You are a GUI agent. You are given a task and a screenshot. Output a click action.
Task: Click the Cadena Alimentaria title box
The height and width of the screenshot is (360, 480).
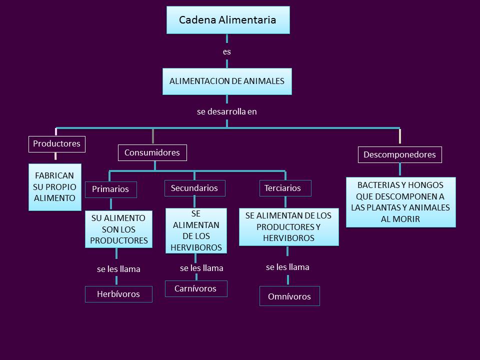click(227, 20)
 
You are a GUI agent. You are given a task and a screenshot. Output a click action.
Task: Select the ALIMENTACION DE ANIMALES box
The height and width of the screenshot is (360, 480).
click(227, 81)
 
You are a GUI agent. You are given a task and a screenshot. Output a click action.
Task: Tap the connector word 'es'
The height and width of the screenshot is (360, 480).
click(226, 51)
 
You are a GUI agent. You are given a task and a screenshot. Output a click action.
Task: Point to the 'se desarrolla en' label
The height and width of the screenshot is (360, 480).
click(226, 111)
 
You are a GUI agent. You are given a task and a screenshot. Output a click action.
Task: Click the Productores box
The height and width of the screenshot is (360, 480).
click(56, 144)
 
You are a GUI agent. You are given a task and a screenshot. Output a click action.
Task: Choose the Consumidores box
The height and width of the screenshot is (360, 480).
click(152, 152)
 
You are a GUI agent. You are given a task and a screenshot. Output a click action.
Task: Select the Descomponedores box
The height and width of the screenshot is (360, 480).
click(399, 154)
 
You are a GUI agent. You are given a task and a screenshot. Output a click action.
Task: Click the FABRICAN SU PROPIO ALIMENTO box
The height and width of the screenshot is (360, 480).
click(55, 187)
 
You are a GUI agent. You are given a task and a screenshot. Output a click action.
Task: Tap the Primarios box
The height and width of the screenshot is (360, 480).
click(110, 189)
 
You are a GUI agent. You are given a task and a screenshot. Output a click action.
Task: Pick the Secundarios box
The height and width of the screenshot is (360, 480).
click(194, 188)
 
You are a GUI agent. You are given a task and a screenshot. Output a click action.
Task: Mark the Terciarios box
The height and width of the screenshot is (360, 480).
click(285, 188)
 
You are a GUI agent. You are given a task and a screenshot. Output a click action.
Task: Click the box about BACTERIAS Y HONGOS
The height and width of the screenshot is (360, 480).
click(400, 202)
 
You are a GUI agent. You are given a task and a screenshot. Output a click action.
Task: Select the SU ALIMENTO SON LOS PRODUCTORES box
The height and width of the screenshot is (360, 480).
click(119, 229)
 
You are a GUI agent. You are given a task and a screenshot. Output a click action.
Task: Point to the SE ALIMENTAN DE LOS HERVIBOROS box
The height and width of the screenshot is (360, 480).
click(196, 230)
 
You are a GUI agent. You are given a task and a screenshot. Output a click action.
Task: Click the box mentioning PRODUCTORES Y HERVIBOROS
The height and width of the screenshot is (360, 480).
click(288, 226)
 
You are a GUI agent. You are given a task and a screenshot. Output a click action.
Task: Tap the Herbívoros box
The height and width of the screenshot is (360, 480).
click(118, 294)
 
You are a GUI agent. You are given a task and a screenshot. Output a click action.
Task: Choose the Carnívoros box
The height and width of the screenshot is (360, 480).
click(196, 288)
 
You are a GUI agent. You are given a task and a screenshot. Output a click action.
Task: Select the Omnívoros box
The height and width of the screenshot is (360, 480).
click(289, 296)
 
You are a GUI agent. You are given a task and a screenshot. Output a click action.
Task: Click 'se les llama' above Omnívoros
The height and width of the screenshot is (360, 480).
click(287, 267)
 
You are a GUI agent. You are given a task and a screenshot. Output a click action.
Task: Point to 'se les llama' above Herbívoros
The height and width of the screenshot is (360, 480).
click(118, 269)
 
